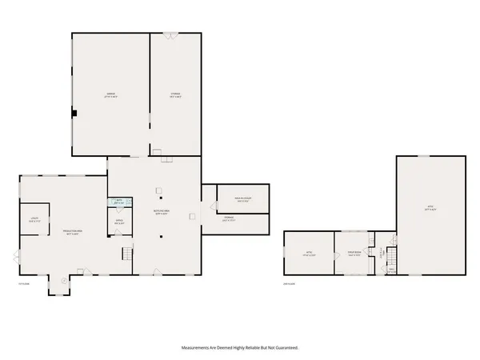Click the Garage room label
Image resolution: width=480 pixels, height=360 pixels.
(x=110, y=94)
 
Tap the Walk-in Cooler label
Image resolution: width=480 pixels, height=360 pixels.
(x=243, y=199)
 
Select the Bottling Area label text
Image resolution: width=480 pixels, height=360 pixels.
(x=160, y=213)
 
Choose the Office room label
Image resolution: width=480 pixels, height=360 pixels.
(x=118, y=222)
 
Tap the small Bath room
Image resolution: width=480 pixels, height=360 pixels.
(x=118, y=203)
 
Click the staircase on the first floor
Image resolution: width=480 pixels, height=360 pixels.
(x=126, y=254)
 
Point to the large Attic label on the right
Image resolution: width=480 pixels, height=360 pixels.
(x=429, y=207)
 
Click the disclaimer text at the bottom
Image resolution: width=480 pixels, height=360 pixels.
(x=239, y=348)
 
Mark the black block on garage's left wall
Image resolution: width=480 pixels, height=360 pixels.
(x=74, y=114)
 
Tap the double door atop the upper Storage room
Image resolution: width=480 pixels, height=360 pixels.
(x=170, y=34)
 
